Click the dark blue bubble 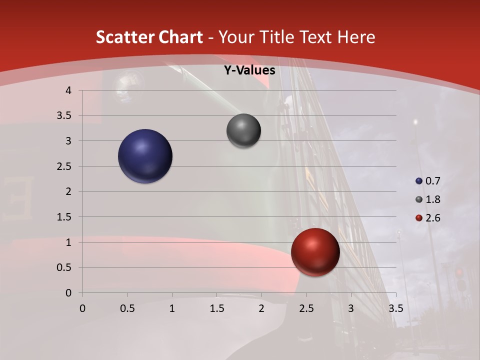[145, 156]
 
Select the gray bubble [243, 131]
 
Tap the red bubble [315, 252]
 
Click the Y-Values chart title [249, 70]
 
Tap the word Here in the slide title [355, 37]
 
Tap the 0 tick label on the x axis [82, 308]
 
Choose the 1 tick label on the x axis [172, 308]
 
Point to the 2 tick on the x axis [261, 308]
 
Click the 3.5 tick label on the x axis [395, 308]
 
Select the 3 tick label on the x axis [351, 308]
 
